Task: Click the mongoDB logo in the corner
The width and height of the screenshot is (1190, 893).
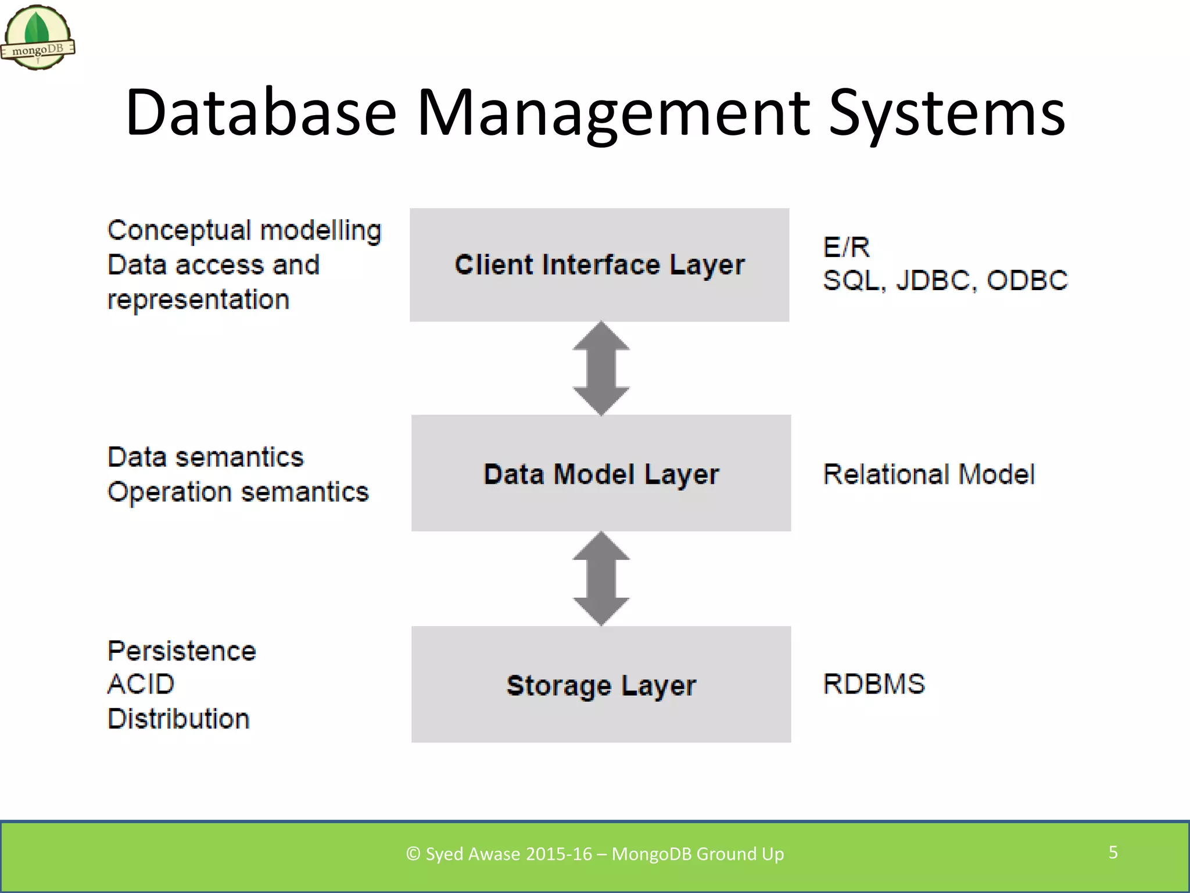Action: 38,38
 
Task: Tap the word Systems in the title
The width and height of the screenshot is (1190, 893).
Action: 947,113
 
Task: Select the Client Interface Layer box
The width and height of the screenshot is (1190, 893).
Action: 599,265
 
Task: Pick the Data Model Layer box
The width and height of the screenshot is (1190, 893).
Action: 601,473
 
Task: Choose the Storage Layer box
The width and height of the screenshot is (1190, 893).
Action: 601,684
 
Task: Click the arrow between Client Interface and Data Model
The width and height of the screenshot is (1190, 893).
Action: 601,369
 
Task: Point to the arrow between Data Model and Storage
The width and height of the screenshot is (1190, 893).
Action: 601,578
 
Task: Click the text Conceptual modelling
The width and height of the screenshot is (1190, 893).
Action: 244,231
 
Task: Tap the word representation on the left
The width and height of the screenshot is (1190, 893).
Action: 198,300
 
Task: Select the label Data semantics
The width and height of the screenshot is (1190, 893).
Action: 206,457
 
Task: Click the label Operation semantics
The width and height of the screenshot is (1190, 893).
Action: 238,492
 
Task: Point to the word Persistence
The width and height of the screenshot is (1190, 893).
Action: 182,651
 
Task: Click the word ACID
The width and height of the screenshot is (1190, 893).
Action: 141,684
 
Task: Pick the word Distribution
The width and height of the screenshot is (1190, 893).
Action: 178,719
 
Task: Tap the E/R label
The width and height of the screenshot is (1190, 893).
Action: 846,248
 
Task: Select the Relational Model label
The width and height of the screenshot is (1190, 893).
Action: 929,474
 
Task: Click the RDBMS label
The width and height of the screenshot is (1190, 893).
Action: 874,684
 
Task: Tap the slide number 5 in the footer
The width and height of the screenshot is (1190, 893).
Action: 1113,852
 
